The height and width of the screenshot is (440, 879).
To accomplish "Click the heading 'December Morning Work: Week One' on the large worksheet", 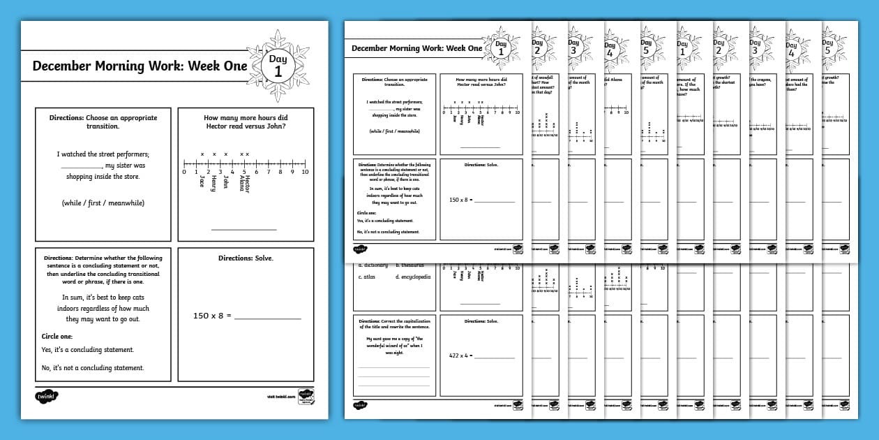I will pos(140,66).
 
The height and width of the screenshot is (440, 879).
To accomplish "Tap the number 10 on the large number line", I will pos(305,172).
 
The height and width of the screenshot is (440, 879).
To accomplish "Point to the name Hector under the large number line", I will pos(248,183).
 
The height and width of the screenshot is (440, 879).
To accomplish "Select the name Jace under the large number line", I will pos(202,181).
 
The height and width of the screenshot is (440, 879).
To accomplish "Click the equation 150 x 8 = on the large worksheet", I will pos(212,316).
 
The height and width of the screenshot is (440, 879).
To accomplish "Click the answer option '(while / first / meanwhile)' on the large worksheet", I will pos(103,203).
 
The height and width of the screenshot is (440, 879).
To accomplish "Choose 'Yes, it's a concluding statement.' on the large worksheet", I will pos(87,350).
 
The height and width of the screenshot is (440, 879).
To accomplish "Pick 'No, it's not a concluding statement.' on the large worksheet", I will pos(92,368).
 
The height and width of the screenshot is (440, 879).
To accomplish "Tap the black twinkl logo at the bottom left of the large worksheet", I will pos(47,397).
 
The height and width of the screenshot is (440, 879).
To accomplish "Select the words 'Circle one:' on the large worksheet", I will pos(57,337).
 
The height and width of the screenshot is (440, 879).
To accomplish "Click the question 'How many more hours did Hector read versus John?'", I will pos(245,122).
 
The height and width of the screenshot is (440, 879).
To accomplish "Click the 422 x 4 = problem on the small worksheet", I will pos(461,355).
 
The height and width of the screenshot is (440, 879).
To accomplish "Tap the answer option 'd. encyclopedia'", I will pos(413,277).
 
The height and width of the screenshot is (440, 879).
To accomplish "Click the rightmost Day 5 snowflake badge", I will pos(827,47).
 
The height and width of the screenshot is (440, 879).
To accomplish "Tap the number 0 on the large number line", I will pos(184,172).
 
